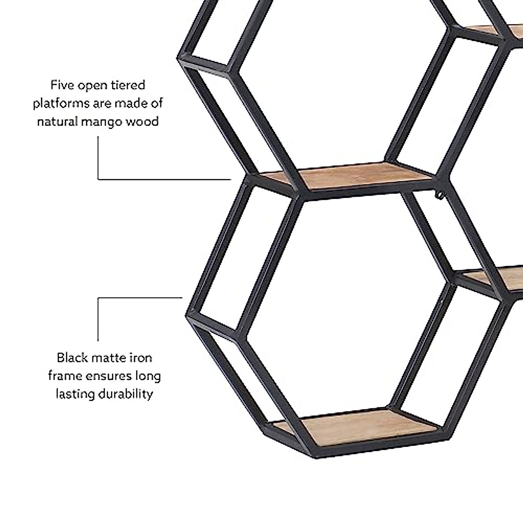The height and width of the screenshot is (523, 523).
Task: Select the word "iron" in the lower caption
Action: (141, 358)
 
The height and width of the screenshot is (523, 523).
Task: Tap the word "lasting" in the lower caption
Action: (75, 394)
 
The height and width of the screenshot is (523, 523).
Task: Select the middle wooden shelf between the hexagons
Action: (349, 177)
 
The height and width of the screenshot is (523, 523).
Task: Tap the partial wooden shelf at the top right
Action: (488, 31)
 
